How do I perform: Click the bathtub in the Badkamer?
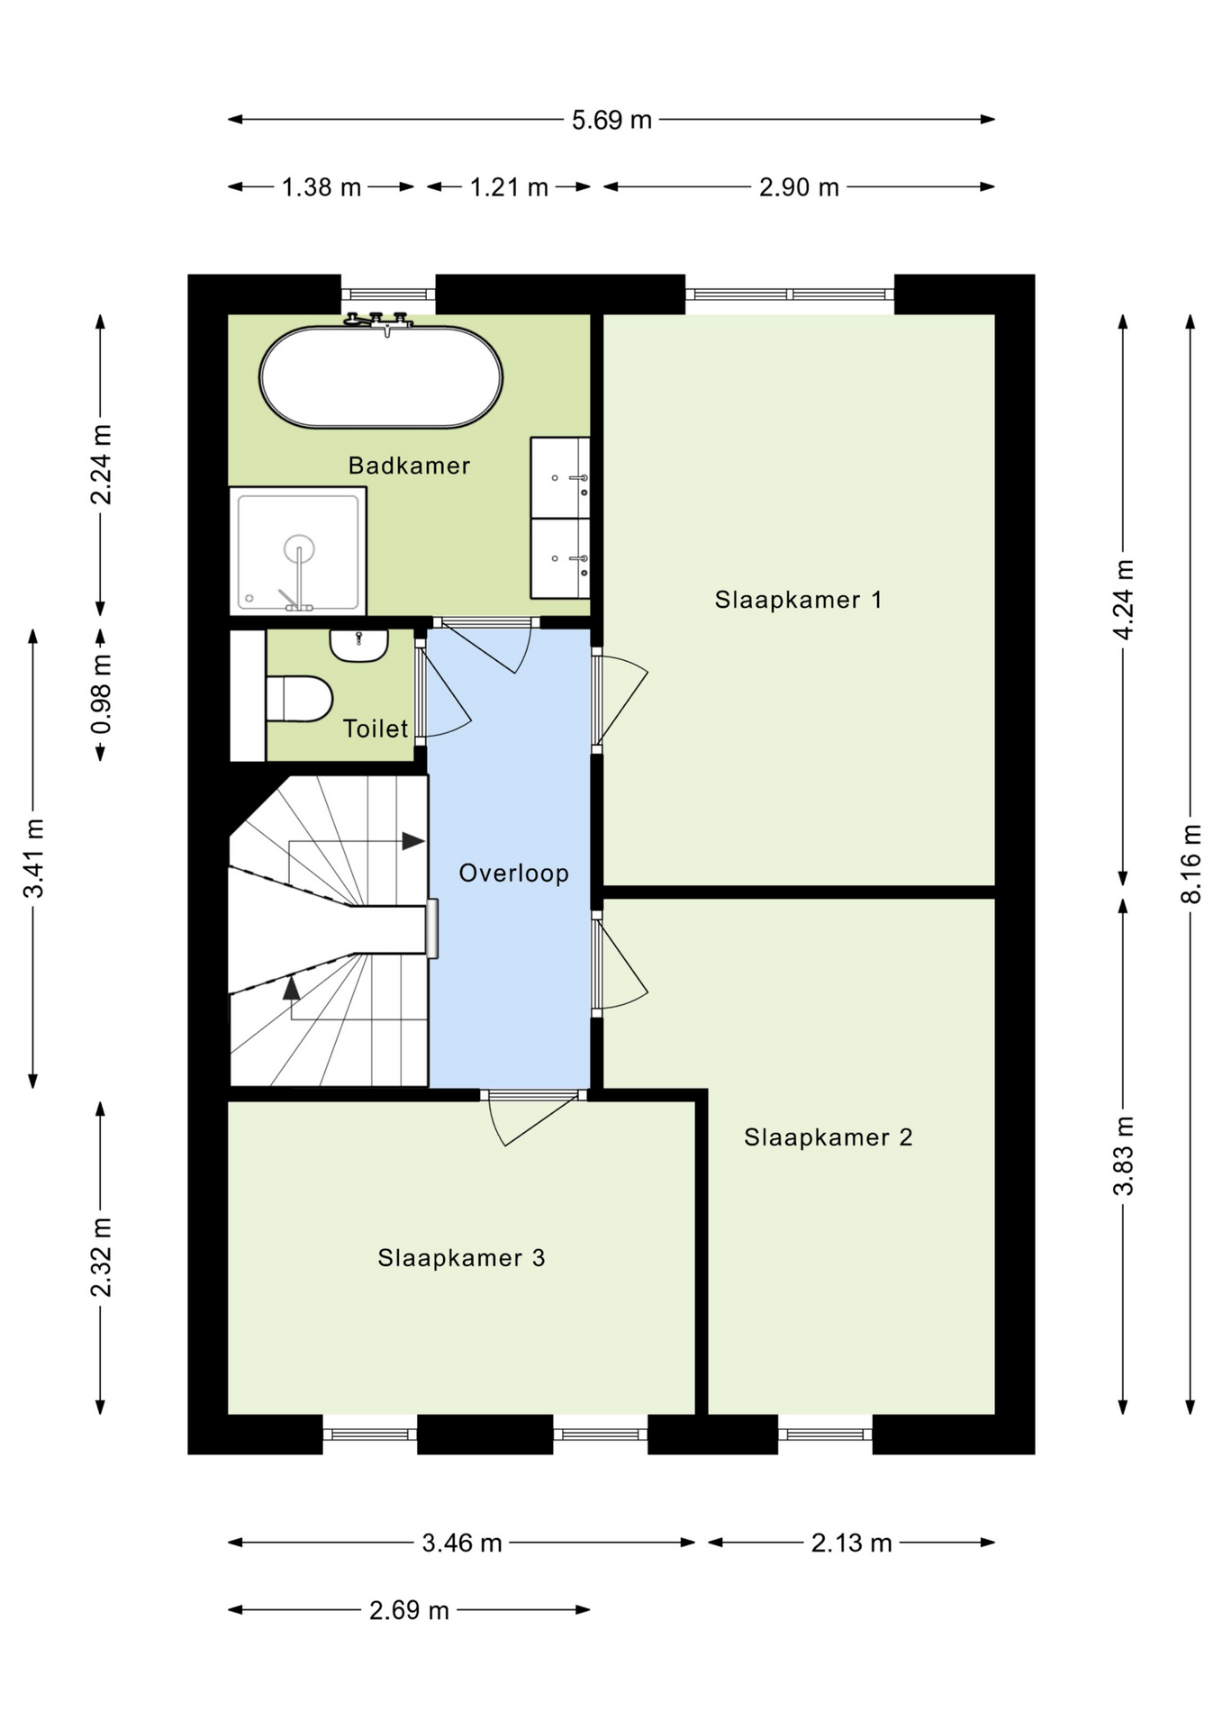[x=380, y=376]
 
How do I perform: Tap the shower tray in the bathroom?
[x=298, y=551]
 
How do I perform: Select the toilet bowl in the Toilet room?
[x=299, y=699]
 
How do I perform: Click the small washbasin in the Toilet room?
[x=358, y=645]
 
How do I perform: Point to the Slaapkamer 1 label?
[x=798, y=600]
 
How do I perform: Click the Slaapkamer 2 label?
[x=828, y=1137]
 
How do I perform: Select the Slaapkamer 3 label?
[x=461, y=1258]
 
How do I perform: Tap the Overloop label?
[x=513, y=873]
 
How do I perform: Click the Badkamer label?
[x=409, y=466]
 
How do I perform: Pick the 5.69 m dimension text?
[x=611, y=120]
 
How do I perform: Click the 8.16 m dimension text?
[x=1191, y=864]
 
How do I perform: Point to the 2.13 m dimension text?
[x=851, y=1543]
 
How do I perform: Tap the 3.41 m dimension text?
[x=34, y=858]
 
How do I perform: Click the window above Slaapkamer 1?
[x=790, y=294]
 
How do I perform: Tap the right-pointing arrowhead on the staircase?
[x=412, y=841]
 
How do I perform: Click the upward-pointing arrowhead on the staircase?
[x=291, y=988]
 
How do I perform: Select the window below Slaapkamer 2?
[x=825, y=1434]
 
